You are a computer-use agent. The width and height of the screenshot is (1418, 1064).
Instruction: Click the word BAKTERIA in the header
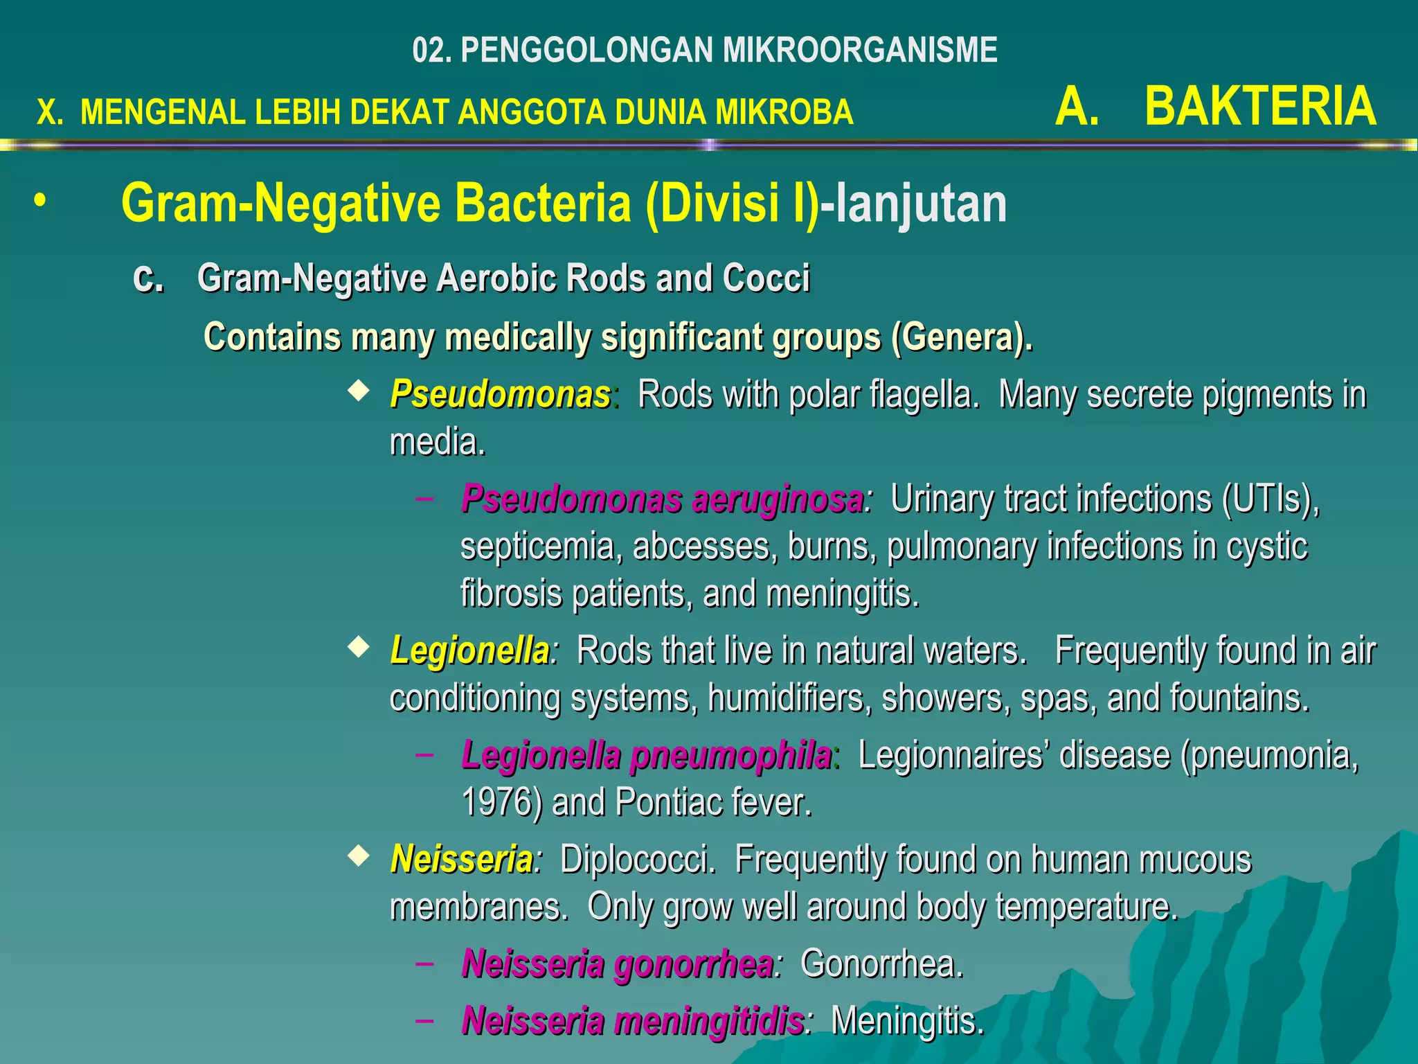[1260, 107]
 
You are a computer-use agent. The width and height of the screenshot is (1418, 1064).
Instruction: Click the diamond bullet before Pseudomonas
[358, 391]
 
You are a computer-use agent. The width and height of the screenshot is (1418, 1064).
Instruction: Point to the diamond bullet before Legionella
[358, 648]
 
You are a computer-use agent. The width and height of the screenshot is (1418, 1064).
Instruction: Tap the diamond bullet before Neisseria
[358, 857]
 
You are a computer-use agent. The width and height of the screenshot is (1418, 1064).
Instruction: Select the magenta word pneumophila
[731, 756]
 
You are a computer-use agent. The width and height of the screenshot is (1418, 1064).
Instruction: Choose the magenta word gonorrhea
[694, 964]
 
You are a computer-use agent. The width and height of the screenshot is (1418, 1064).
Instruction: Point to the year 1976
[501, 803]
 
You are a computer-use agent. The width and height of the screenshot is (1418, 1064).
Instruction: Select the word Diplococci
[638, 860]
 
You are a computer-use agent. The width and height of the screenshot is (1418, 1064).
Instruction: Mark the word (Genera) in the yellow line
[961, 338]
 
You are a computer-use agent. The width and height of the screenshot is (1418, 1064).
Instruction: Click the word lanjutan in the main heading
[922, 204]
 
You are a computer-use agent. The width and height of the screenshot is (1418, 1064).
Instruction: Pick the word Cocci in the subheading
[766, 278]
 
